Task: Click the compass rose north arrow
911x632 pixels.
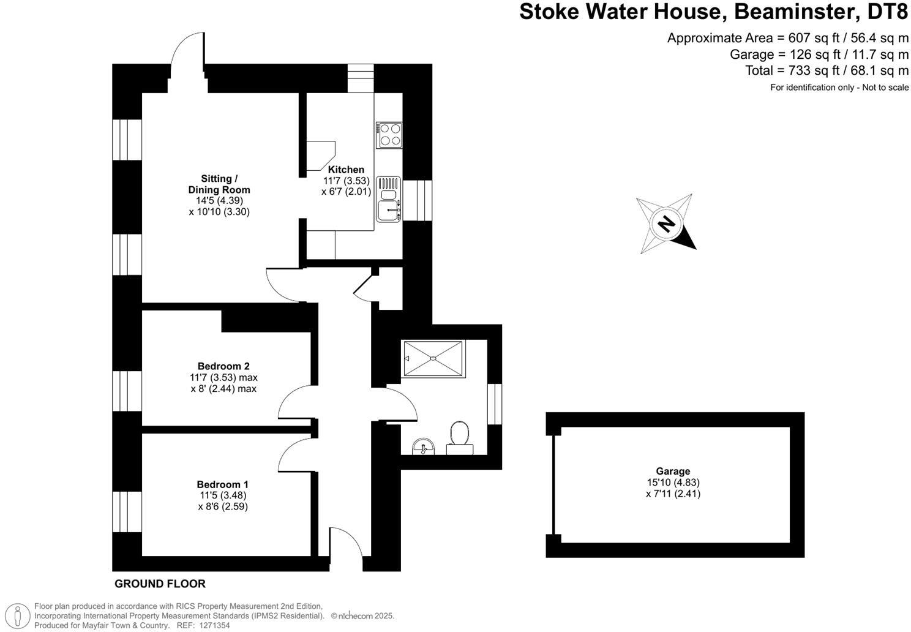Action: click(x=666, y=224)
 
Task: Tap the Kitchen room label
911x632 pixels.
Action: click(x=346, y=170)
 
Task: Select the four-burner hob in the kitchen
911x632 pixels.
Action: click(x=389, y=135)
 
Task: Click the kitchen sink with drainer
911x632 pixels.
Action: click(x=389, y=199)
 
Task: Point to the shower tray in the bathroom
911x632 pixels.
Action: click(x=433, y=359)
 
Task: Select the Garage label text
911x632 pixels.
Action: click(x=673, y=471)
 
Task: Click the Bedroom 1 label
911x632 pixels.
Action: click(x=223, y=484)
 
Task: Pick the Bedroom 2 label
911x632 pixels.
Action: click(x=223, y=366)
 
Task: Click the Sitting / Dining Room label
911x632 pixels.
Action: click(x=219, y=184)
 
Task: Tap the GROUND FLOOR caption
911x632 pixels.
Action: click(x=160, y=584)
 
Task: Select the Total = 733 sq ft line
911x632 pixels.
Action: click(x=827, y=70)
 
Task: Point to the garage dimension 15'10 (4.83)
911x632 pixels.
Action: click(x=673, y=483)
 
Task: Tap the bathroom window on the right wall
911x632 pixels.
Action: click(x=495, y=404)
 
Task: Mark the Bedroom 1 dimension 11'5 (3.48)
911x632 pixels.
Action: click(x=223, y=495)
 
